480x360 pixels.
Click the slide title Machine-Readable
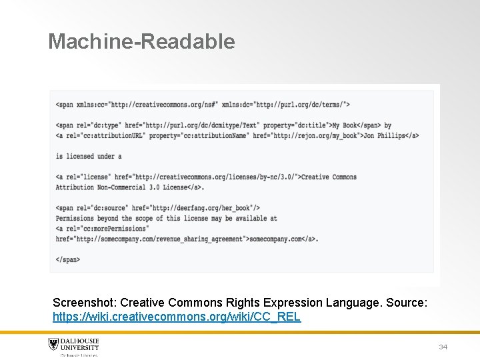click(141, 41)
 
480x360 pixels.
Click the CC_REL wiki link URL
click(177, 317)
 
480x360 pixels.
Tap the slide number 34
click(443, 347)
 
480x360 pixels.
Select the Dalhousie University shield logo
click(53, 345)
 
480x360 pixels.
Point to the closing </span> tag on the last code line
click(68, 259)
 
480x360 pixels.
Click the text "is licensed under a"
click(89, 156)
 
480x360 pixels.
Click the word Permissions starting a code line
click(75, 218)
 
